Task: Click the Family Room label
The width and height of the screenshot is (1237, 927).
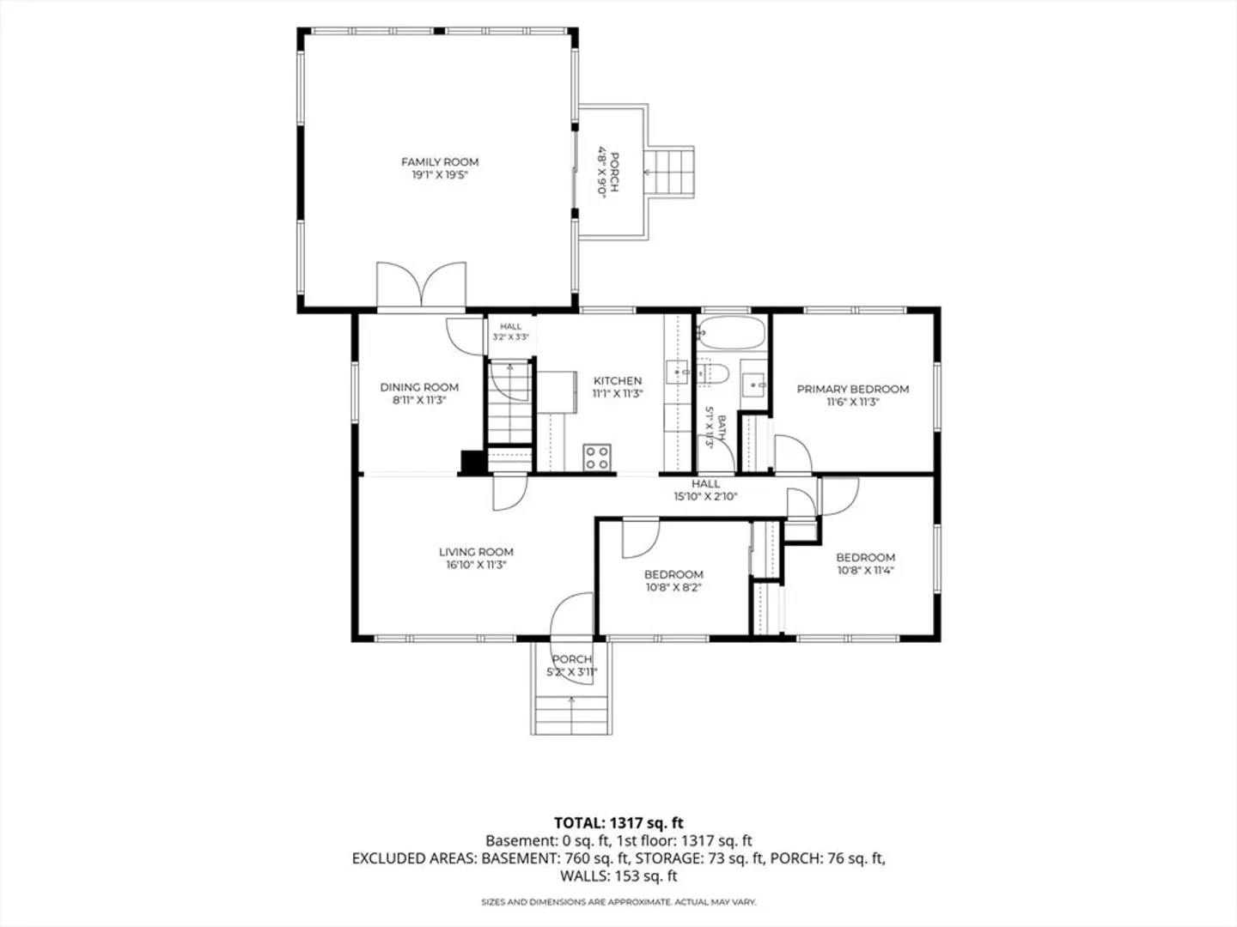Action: pos(440,162)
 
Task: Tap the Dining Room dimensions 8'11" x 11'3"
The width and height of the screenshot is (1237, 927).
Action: pos(419,400)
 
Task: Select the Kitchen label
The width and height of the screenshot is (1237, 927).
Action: pos(617,380)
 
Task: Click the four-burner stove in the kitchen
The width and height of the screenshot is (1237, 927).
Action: pos(597,457)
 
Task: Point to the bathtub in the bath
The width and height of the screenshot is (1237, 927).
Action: pos(732,333)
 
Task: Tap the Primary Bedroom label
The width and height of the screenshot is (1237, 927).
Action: pos(853,389)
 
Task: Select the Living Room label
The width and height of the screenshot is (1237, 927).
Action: pos(476,552)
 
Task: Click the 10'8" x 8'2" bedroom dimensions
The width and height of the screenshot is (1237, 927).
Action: pos(673,587)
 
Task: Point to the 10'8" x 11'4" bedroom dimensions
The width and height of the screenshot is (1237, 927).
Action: pos(866,570)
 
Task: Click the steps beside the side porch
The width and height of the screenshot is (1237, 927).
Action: pos(669,172)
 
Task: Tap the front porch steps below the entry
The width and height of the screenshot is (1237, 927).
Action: pos(571,715)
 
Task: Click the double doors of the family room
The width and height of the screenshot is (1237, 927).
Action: pos(421,284)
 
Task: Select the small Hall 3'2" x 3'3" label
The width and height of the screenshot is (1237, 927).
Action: pos(510,331)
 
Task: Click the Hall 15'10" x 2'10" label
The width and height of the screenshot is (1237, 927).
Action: pos(705,489)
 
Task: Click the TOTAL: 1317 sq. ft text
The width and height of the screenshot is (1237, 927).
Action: pos(618,823)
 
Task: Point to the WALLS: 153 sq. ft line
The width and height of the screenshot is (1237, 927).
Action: pos(618,875)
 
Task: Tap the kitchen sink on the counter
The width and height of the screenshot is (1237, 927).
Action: pos(678,372)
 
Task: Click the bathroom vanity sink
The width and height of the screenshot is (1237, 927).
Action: pos(753,385)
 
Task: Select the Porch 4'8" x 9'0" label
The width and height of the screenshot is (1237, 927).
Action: pos(607,172)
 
